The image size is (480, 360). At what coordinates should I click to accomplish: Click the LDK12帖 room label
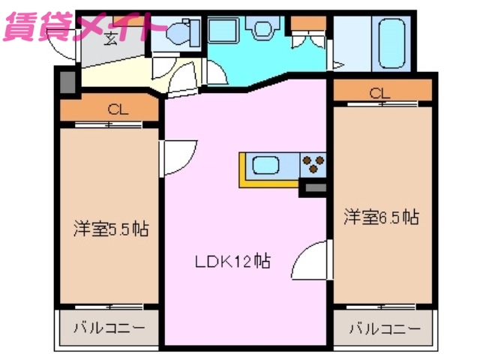point(232,262)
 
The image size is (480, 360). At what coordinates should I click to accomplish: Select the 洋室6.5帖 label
point(380,217)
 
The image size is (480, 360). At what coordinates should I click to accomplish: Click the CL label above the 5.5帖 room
point(117,109)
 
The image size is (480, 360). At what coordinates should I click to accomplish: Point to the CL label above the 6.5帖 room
point(379,94)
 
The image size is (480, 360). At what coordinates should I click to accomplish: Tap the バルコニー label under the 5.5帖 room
point(109,328)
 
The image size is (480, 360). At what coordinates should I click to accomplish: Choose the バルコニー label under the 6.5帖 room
point(385,328)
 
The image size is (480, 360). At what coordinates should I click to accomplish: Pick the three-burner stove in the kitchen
point(313,162)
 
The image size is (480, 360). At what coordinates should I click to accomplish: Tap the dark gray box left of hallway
point(67,82)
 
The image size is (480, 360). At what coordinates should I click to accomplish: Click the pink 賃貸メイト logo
point(82,24)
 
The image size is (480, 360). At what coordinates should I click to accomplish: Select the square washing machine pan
point(223,34)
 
